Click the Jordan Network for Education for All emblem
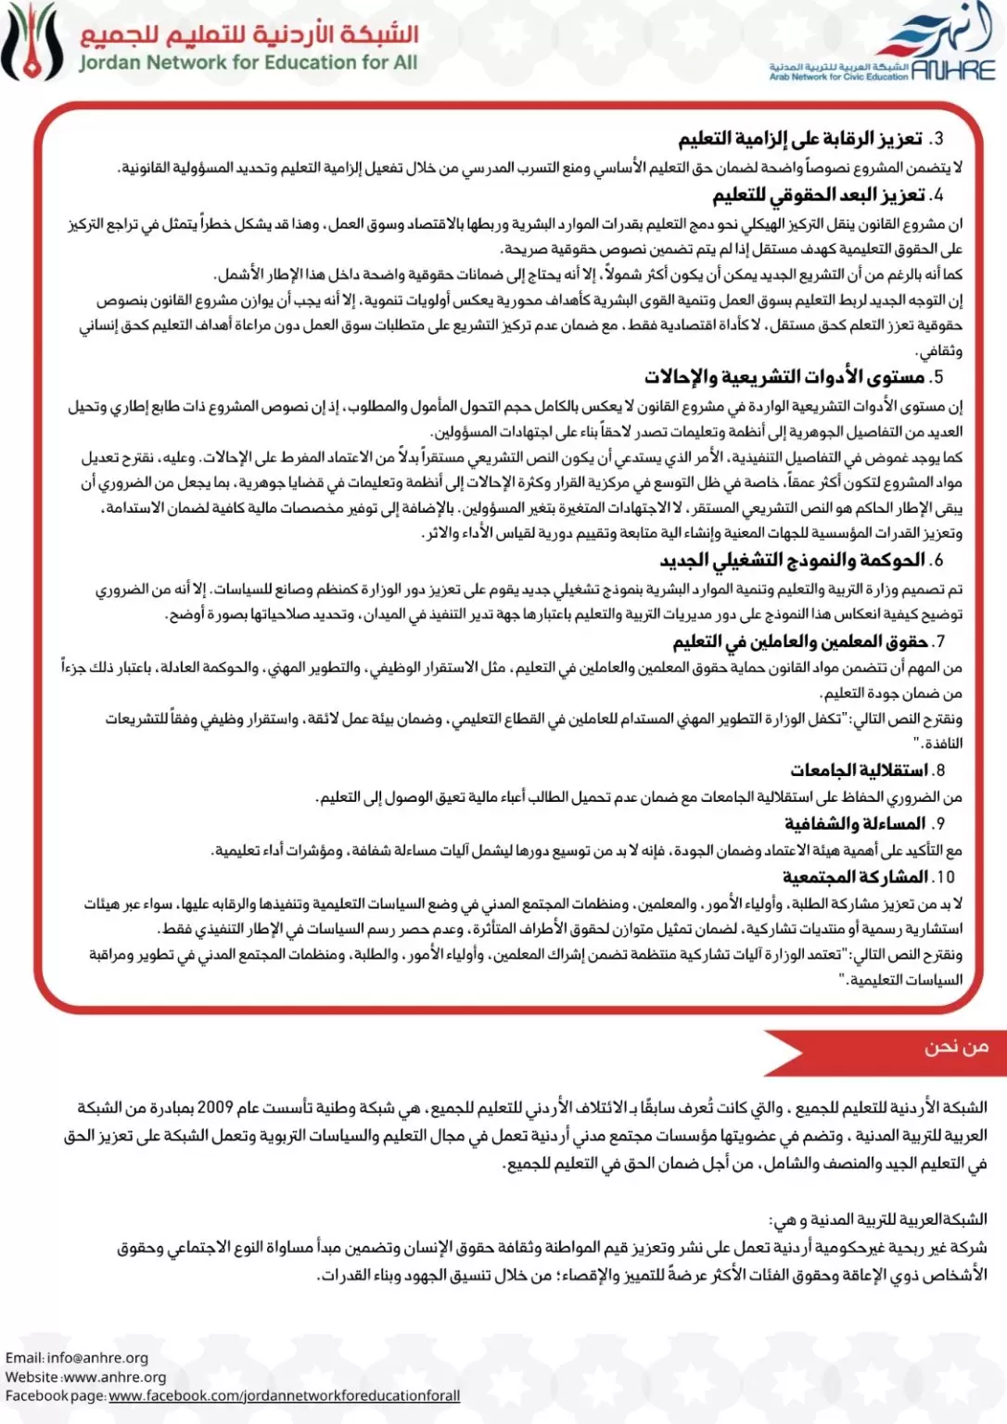[x=34, y=43]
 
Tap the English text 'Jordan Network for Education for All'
[x=249, y=63]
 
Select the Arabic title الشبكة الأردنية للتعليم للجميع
[x=249, y=33]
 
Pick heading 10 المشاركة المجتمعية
[x=867, y=877]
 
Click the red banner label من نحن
[x=955, y=1048]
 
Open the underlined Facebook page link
[x=284, y=1396]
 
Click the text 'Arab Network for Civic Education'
[x=839, y=78]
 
